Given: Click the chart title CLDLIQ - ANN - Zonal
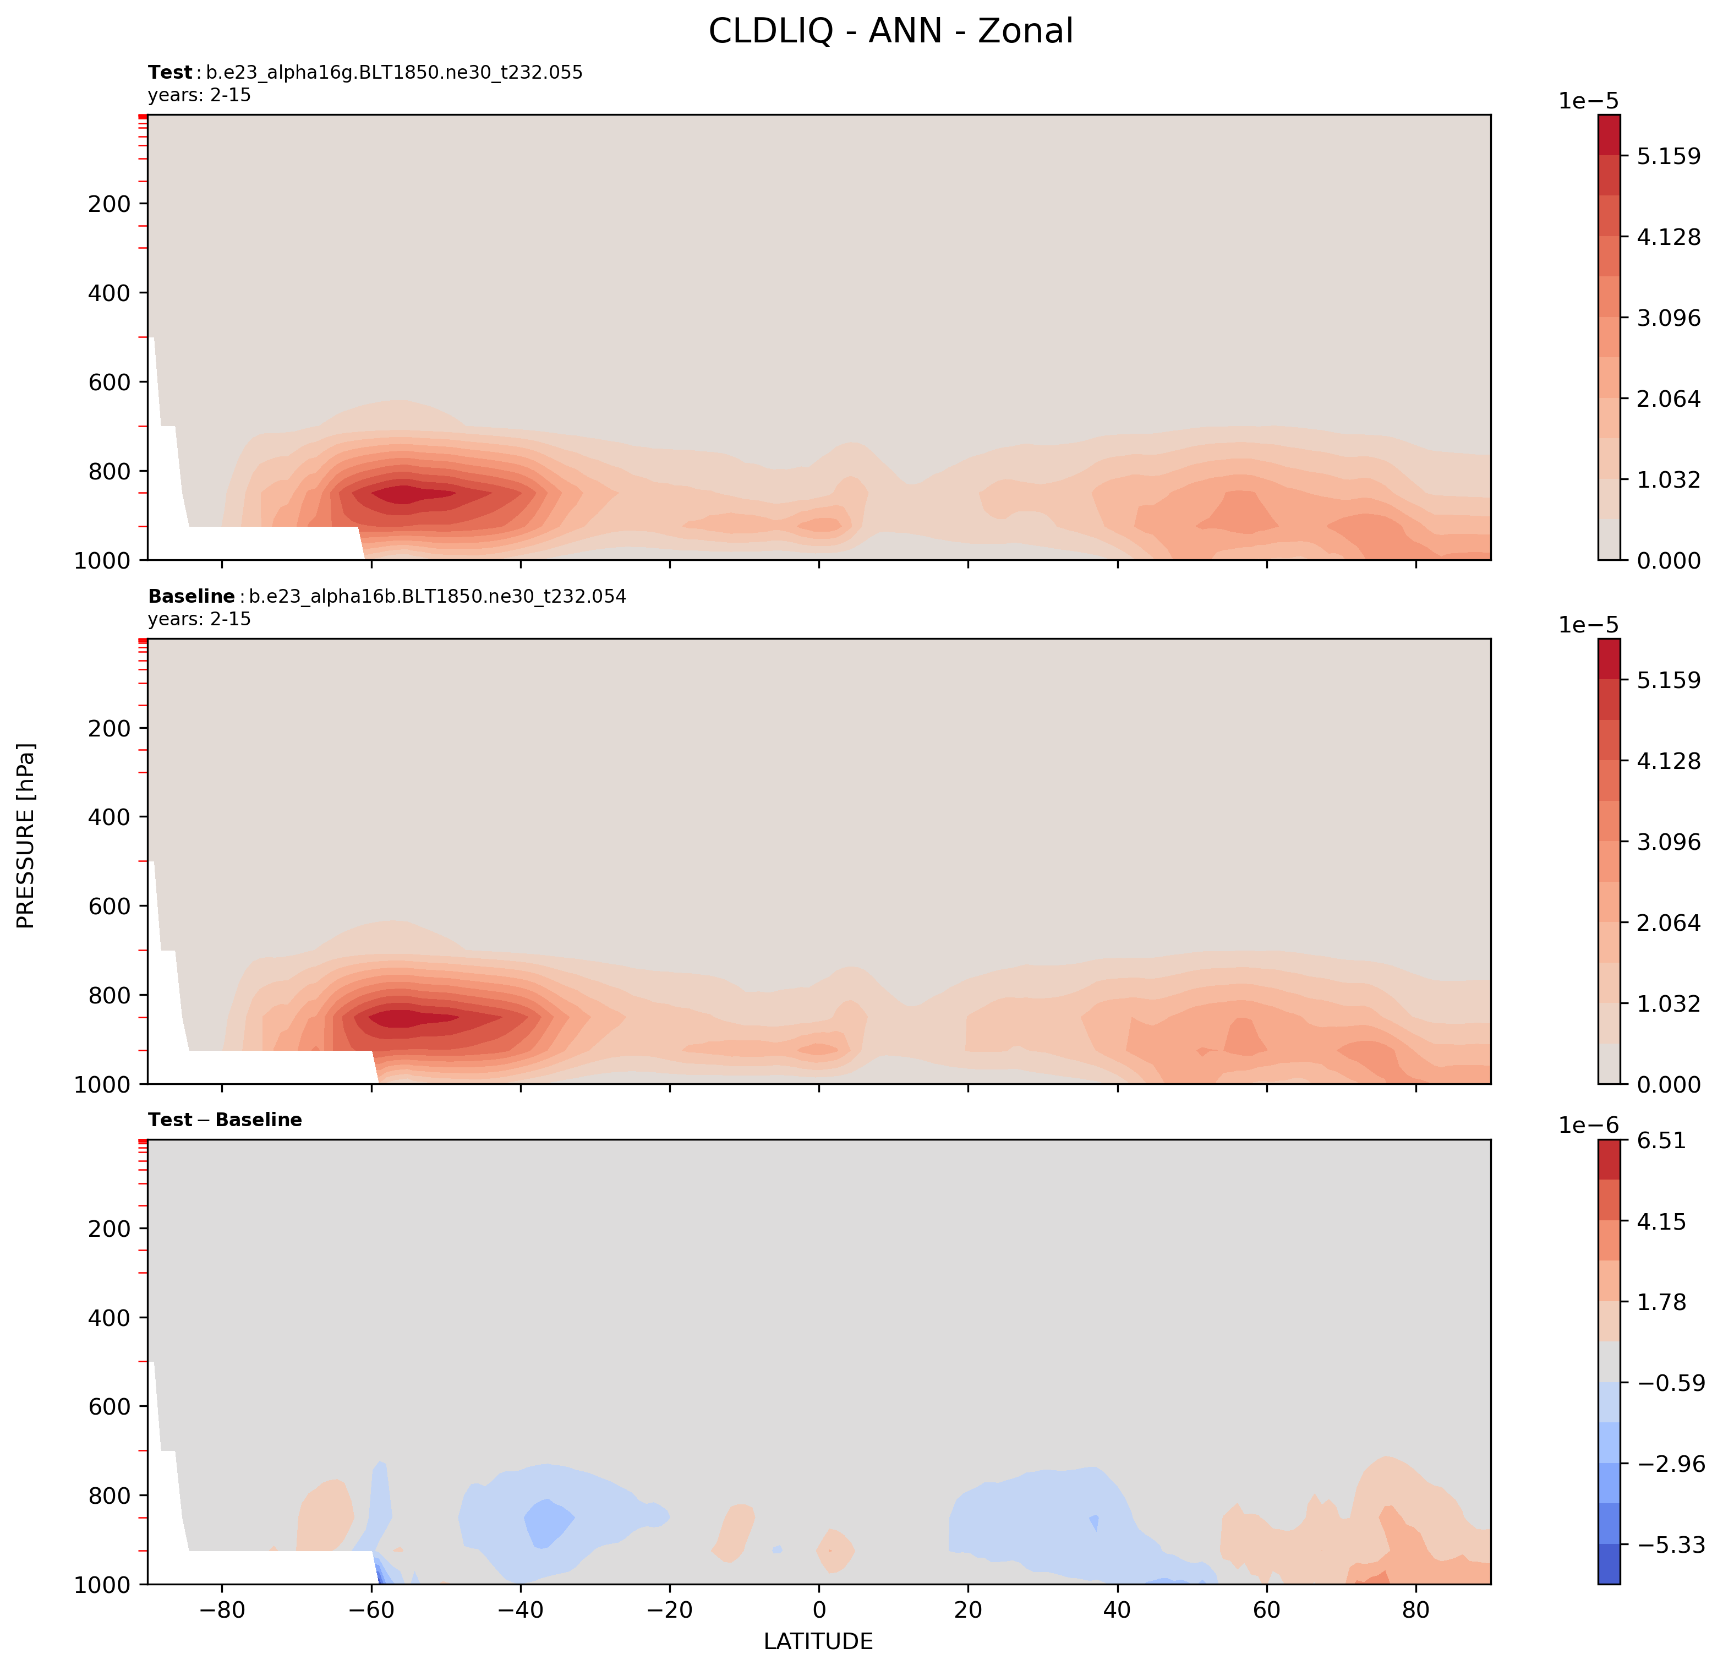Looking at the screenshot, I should [x=890, y=32].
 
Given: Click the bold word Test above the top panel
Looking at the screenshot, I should [x=169, y=73].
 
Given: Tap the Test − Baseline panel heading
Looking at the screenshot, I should [x=225, y=1120].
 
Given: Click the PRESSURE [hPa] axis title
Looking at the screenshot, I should [x=26, y=836].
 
